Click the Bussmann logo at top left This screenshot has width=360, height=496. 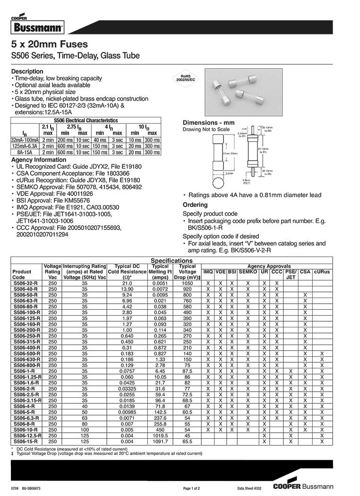[x=36, y=26]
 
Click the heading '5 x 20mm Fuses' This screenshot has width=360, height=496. [x=49, y=44]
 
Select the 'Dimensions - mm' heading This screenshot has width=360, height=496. [x=208, y=123]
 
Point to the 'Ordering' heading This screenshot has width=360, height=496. [x=195, y=205]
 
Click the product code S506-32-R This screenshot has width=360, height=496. [x=26, y=282]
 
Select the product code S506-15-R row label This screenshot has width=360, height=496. [x=26, y=441]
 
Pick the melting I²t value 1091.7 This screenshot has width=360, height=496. [x=161, y=441]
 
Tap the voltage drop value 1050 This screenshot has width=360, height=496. [x=187, y=282]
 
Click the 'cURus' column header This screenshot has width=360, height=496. [x=322, y=272]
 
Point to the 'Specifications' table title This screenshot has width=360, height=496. [x=171, y=261]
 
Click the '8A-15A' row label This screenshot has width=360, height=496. [x=25, y=152]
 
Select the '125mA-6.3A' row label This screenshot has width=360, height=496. [x=25, y=146]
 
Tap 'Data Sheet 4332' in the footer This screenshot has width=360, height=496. [x=249, y=487]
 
